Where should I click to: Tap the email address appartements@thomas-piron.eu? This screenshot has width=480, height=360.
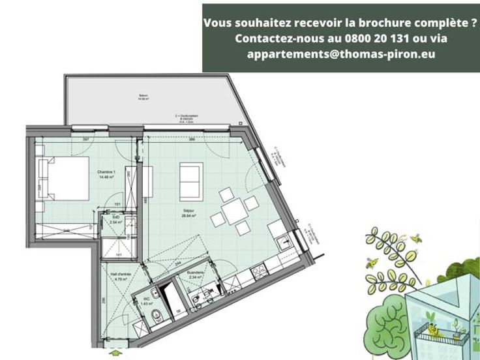[x=341, y=55]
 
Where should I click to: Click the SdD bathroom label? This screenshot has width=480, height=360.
[x=115, y=219]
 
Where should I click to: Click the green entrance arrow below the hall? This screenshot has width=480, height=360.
[x=116, y=353]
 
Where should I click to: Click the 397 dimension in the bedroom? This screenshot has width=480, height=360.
[x=85, y=139]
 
